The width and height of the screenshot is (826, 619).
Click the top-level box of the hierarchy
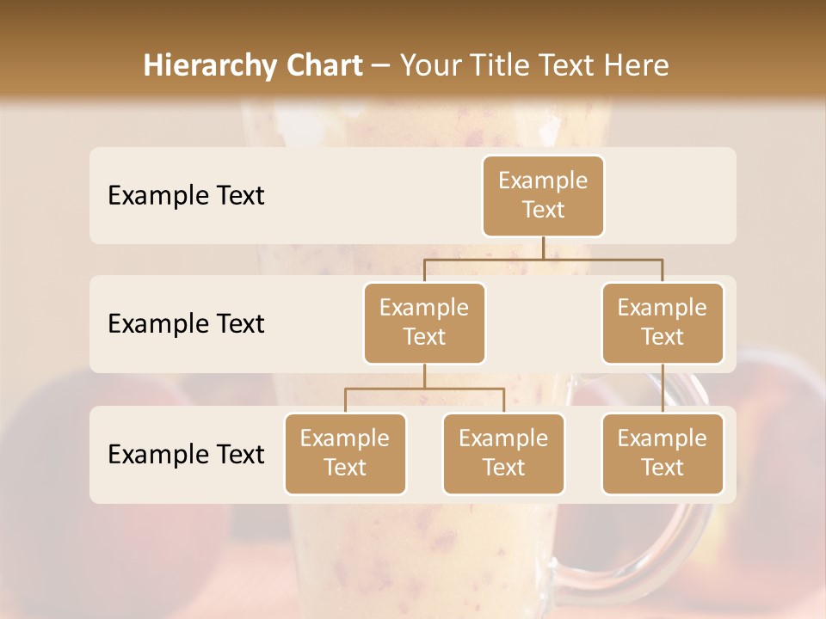(543, 196)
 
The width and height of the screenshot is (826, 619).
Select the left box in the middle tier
(424, 323)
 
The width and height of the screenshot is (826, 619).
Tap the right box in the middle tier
(663, 323)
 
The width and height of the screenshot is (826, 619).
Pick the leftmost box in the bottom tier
(345, 454)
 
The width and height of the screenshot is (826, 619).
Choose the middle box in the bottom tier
(503, 454)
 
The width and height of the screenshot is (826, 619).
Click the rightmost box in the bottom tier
(663, 454)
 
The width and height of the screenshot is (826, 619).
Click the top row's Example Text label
(186, 196)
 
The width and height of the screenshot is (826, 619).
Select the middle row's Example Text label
(186, 324)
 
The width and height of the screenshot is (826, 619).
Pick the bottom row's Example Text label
(186, 455)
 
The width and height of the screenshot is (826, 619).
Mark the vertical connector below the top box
(543, 248)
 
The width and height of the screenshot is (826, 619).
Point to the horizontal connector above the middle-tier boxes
(543, 259)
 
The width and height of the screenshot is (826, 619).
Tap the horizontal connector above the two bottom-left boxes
(424, 389)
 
